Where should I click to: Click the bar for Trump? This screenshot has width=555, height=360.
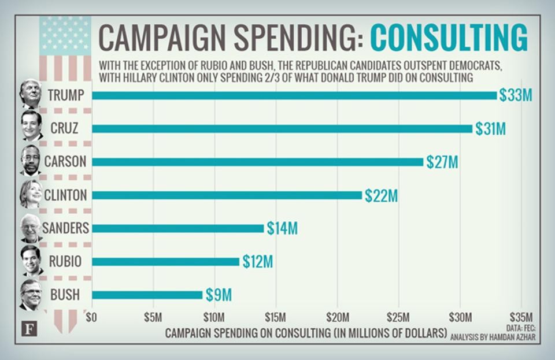coord(294,95)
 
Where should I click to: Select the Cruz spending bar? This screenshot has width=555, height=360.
coord(282,128)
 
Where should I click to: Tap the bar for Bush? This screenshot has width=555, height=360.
coord(147,295)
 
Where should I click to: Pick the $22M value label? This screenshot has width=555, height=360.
coord(381,195)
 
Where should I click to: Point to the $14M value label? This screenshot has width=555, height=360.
coord(282,228)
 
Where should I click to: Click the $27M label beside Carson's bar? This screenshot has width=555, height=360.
coord(442,162)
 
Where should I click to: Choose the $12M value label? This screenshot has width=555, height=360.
coord(257,262)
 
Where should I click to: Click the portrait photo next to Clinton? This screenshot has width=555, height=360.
coord(31,194)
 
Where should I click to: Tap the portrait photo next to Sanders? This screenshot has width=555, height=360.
coord(31,228)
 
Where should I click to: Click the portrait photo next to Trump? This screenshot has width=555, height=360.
coord(31,94)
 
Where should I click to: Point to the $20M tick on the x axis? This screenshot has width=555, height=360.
coord(338,317)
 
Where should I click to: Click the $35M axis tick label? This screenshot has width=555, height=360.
coord(522,317)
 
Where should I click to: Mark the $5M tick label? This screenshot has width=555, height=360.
coord(153,317)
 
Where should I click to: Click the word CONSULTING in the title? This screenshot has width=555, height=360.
coord(449,38)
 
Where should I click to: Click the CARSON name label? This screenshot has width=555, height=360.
coord(65,162)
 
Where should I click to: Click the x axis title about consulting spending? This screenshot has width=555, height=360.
coord(306,333)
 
